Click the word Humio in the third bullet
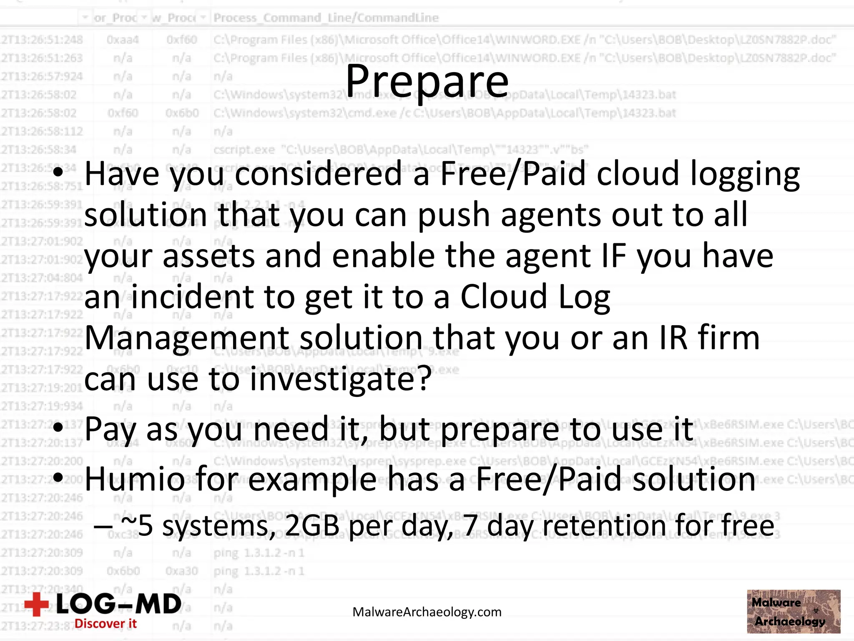tap(135, 479)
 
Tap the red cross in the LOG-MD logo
tap(37, 604)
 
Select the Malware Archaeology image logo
tap(793, 611)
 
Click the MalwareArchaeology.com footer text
tap(427, 612)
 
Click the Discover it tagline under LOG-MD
tap(105, 623)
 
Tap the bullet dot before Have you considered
tap(59, 172)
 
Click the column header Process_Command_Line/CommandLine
tap(326, 18)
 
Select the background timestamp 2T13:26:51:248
tap(42, 40)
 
